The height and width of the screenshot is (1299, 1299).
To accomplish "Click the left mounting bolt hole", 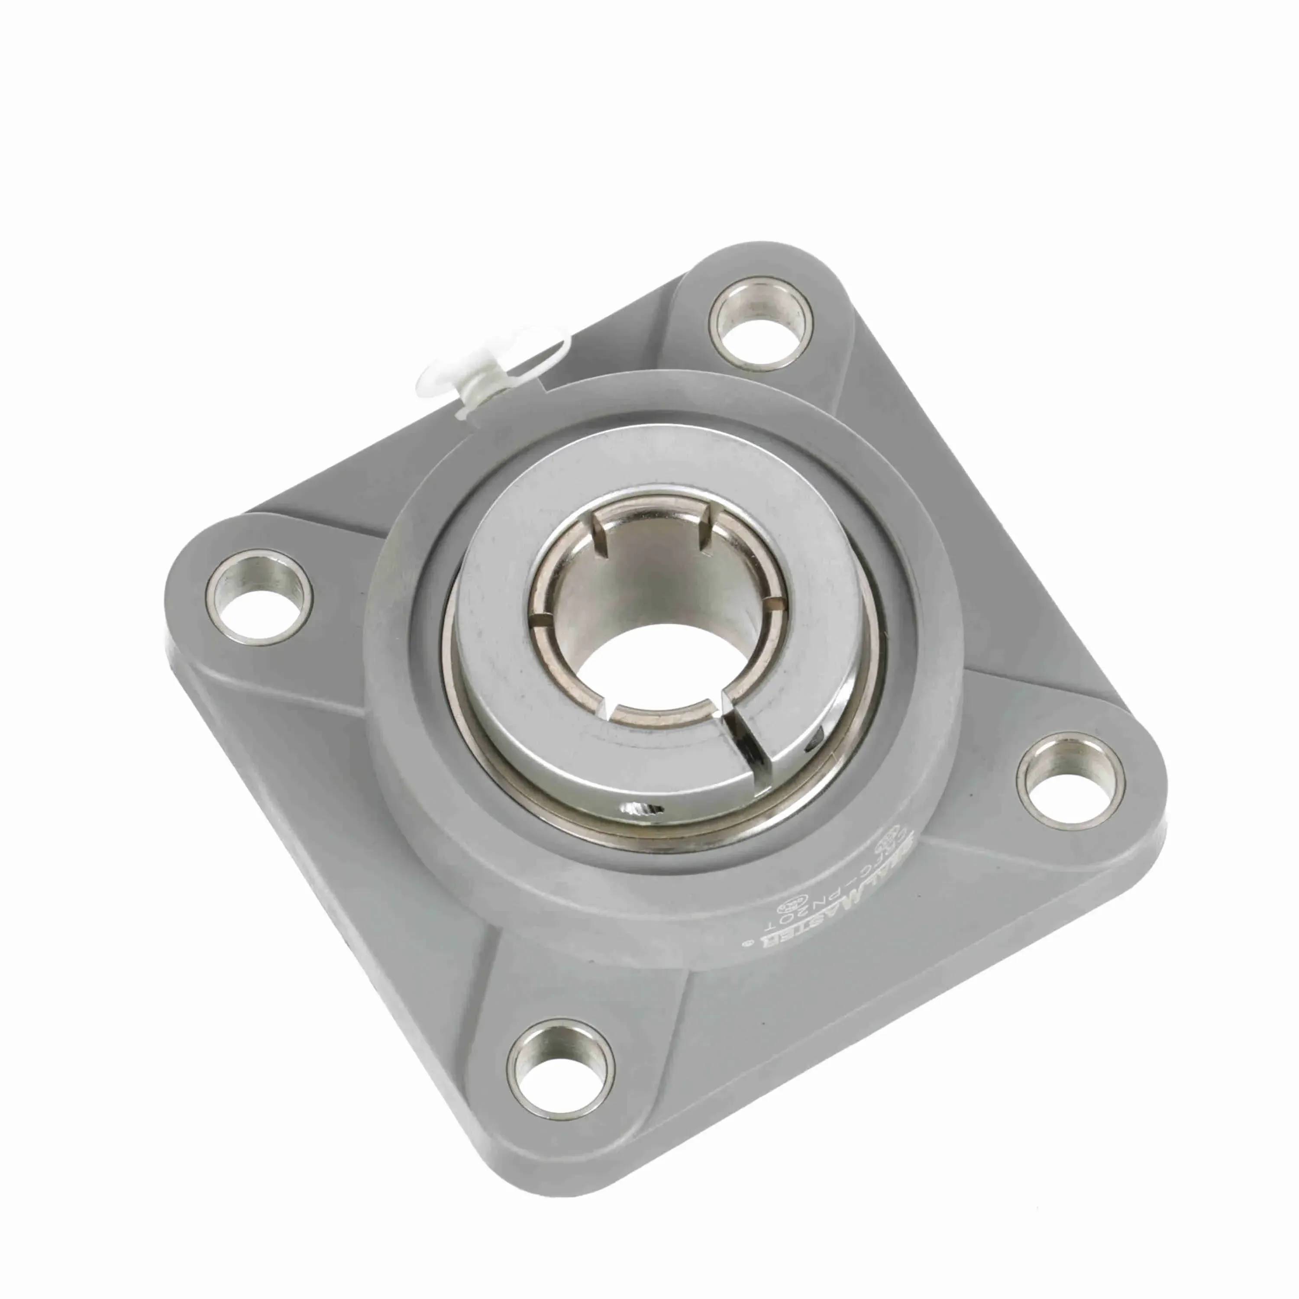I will (x=259, y=597).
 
